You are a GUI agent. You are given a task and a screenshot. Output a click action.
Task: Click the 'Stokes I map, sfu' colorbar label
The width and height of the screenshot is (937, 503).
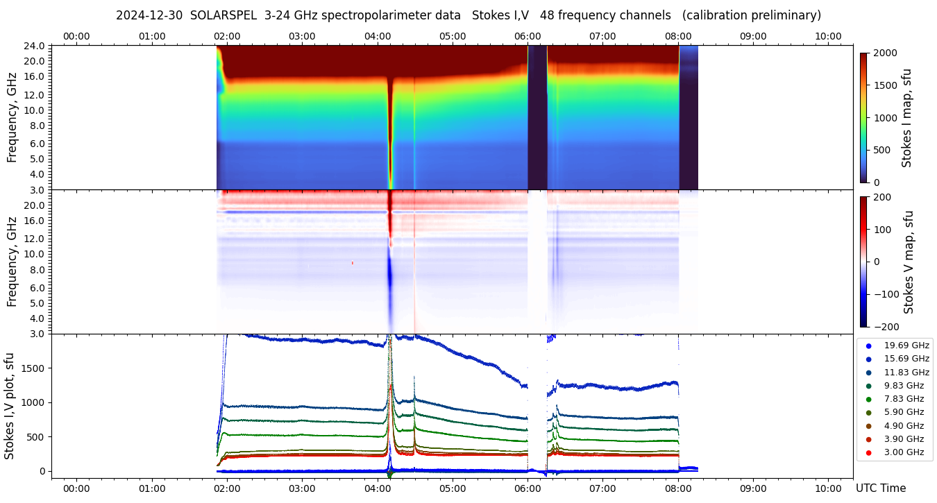[906, 118]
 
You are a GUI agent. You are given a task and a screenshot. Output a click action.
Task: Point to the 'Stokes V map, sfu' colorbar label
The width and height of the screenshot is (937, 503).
[909, 262]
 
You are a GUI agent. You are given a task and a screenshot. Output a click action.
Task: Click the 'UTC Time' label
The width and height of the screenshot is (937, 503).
[880, 488]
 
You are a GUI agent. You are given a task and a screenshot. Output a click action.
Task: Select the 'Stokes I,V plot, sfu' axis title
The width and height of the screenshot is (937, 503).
[10, 406]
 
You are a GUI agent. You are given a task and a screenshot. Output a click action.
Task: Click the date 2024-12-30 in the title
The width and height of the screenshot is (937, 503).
[149, 15]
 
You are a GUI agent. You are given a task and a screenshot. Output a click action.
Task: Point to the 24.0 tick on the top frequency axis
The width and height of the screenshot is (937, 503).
[35, 46]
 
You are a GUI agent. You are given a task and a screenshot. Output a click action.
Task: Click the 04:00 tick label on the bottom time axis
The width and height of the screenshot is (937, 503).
[377, 488]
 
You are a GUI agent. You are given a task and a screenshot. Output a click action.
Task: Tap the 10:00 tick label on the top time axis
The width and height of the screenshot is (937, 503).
[828, 36]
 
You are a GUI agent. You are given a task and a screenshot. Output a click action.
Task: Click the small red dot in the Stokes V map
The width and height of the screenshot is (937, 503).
[353, 263]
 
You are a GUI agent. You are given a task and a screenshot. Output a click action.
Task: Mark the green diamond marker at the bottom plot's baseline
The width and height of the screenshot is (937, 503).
[389, 475]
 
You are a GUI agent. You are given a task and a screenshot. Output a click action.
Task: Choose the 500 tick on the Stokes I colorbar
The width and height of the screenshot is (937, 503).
[881, 150]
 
